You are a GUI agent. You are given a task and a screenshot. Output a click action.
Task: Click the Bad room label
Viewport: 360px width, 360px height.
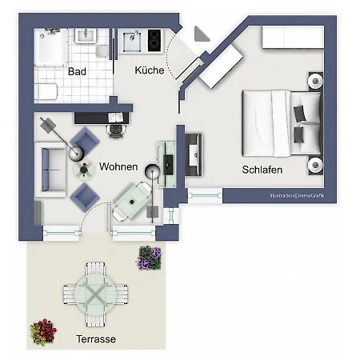(78, 71)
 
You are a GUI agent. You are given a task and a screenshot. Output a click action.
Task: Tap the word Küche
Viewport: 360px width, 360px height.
(150, 70)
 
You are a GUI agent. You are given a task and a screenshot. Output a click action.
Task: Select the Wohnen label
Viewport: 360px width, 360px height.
(118, 166)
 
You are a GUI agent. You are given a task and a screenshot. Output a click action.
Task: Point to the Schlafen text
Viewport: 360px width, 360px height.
(263, 170)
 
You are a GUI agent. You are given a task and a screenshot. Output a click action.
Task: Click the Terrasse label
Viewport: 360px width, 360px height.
(94, 339)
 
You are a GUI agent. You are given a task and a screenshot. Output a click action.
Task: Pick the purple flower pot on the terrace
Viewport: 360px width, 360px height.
(150, 258)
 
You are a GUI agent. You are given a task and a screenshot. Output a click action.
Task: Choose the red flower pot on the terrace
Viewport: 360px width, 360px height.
(43, 331)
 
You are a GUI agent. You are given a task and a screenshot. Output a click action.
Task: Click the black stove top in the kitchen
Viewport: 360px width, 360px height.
(152, 39)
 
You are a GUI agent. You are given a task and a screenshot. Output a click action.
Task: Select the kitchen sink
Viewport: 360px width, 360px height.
(130, 39)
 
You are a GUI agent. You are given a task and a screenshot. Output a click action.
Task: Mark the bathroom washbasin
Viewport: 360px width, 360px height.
(84, 36)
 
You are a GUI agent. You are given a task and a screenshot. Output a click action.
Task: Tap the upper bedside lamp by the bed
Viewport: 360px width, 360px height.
(315, 82)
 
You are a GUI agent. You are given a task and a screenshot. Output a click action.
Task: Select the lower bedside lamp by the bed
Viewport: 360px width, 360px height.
(315, 166)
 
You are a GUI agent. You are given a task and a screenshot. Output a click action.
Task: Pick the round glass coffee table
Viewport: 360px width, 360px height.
(84, 169)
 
